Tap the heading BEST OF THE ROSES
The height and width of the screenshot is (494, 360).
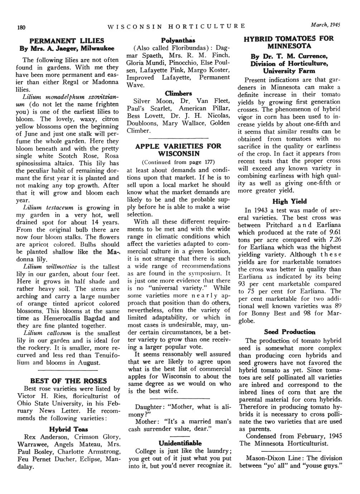(x=69, y=380)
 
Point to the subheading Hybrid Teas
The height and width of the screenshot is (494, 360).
(x=69, y=429)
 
